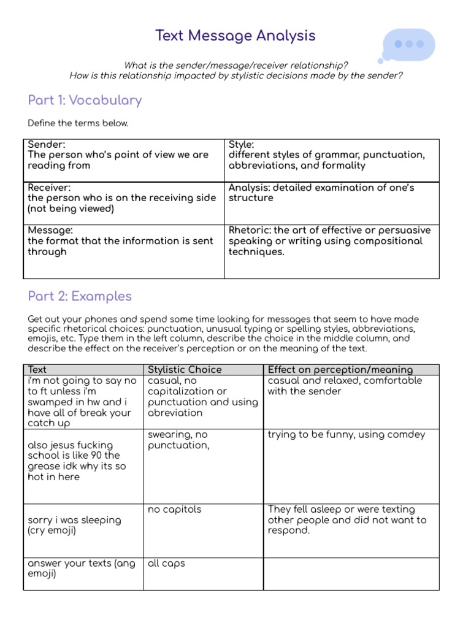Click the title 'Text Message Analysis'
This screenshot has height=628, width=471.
click(235, 36)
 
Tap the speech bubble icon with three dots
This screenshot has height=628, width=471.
click(409, 45)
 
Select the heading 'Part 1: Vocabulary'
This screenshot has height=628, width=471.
click(85, 100)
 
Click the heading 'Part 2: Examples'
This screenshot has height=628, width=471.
click(80, 296)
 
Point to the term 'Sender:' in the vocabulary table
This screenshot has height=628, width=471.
click(47, 145)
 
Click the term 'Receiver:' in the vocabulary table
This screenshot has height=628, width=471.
click(49, 188)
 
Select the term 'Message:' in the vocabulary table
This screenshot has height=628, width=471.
click(50, 231)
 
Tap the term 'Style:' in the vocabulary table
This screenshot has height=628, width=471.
click(242, 145)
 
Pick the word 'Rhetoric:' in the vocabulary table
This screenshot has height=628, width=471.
click(250, 231)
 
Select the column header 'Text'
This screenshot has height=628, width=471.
click(37, 370)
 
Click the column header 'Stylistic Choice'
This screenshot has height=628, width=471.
click(185, 370)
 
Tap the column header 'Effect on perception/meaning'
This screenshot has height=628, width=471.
click(340, 370)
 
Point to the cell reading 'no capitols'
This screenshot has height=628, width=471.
click(174, 510)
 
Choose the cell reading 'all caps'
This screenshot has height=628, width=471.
click(166, 563)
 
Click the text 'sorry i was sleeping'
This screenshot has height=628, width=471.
click(74, 520)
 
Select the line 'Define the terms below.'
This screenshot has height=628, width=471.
click(78, 123)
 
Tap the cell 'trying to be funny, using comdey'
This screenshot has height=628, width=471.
click(347, 435)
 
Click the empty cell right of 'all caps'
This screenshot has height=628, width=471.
click(351, 573)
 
